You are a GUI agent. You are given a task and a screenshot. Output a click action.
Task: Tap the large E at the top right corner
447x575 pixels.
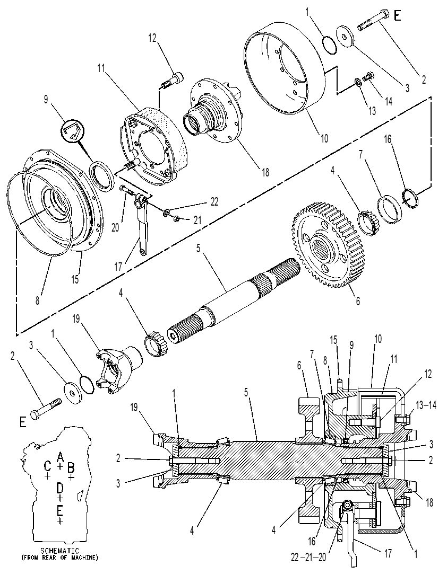(397, 15)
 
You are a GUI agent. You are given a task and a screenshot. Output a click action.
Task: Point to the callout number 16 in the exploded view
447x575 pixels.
(388, 140)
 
